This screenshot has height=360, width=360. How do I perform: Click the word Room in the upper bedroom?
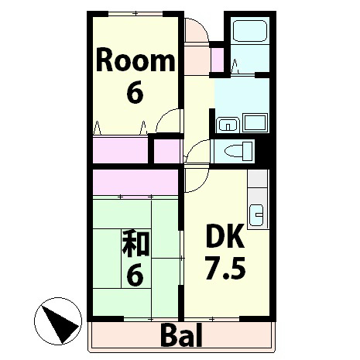[135, 60]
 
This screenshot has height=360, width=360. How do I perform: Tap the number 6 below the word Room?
[135, 93]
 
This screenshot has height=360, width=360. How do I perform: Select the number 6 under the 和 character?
[135, 275]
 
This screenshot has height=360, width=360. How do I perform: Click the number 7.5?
[225, 268]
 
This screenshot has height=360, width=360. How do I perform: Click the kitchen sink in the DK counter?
[258, 210]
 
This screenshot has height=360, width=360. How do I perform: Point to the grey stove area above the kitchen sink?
[258, 180]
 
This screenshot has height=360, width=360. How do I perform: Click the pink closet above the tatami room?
[135, 183]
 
